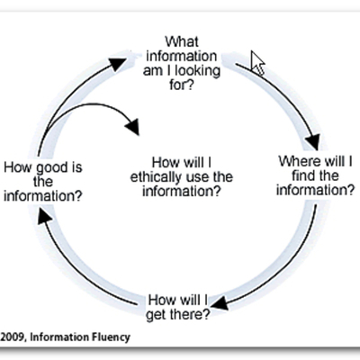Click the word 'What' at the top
coord(184,40)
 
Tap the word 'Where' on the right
coord(295,160)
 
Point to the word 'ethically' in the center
coord(156,175)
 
